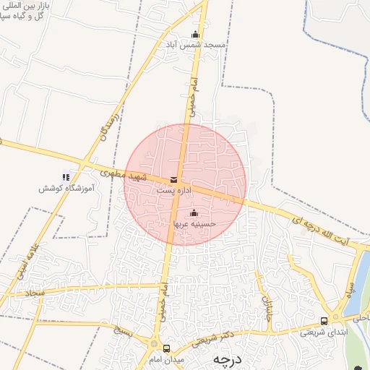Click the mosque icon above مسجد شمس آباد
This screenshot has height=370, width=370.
[194, 34]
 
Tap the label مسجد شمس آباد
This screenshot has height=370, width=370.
[195, 45]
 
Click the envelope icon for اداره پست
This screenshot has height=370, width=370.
[173, 179]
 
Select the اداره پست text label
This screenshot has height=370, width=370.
[173, 190]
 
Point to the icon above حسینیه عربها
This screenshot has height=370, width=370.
[194, 212]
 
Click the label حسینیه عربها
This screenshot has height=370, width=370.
[194, 224]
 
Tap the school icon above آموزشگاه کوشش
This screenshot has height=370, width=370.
[66, 176]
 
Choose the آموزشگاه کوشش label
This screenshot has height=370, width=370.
[66, 188]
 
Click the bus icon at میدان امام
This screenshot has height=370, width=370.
[167, 348]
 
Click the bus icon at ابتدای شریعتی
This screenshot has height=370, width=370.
[324, 321]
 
